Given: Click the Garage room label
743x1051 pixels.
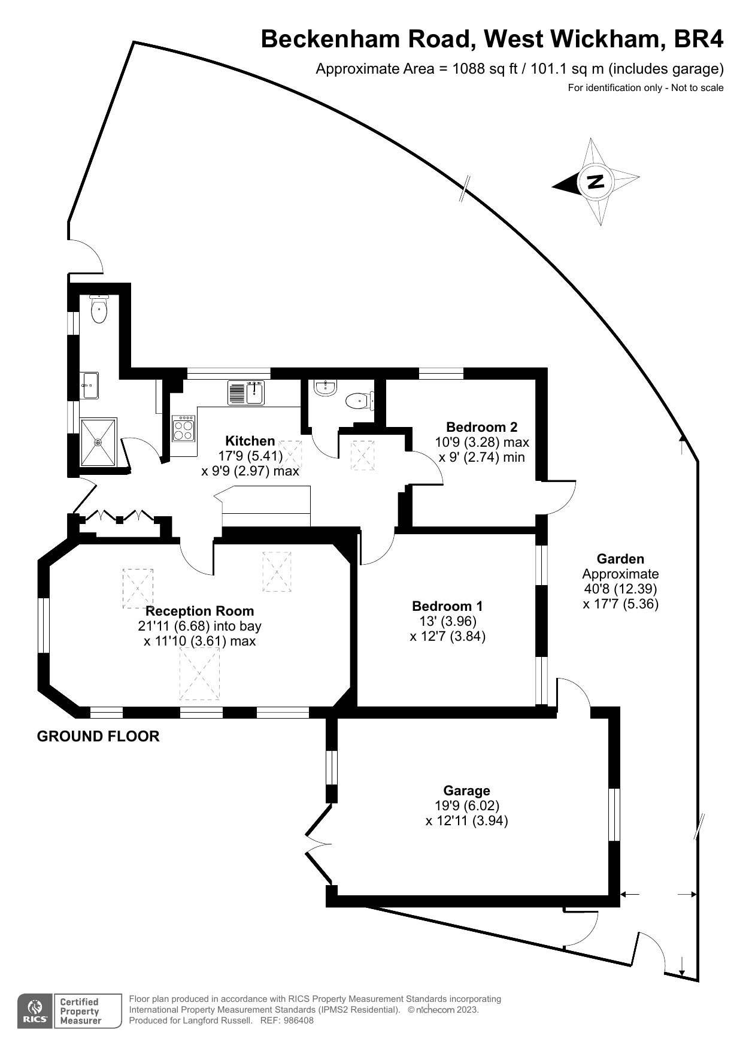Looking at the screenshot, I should point(466,790).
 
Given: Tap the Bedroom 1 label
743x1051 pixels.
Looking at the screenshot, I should point(447,606).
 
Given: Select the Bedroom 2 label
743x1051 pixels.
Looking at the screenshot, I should point(481,427).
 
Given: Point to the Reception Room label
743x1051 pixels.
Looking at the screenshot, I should point(199,611).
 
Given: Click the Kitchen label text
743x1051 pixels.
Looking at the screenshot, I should point(250,441).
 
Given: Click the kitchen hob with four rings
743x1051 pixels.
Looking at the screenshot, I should point(184,428).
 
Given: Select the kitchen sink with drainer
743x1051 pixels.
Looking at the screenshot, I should point(245,392).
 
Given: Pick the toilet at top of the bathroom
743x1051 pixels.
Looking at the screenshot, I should point(99,310).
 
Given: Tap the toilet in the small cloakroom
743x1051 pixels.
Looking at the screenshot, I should point(359,399).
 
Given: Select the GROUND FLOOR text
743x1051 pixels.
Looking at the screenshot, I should point(98,736).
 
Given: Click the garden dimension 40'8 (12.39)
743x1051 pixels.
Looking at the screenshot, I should point(620,589).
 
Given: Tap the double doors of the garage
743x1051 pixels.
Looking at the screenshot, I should point(317,844).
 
